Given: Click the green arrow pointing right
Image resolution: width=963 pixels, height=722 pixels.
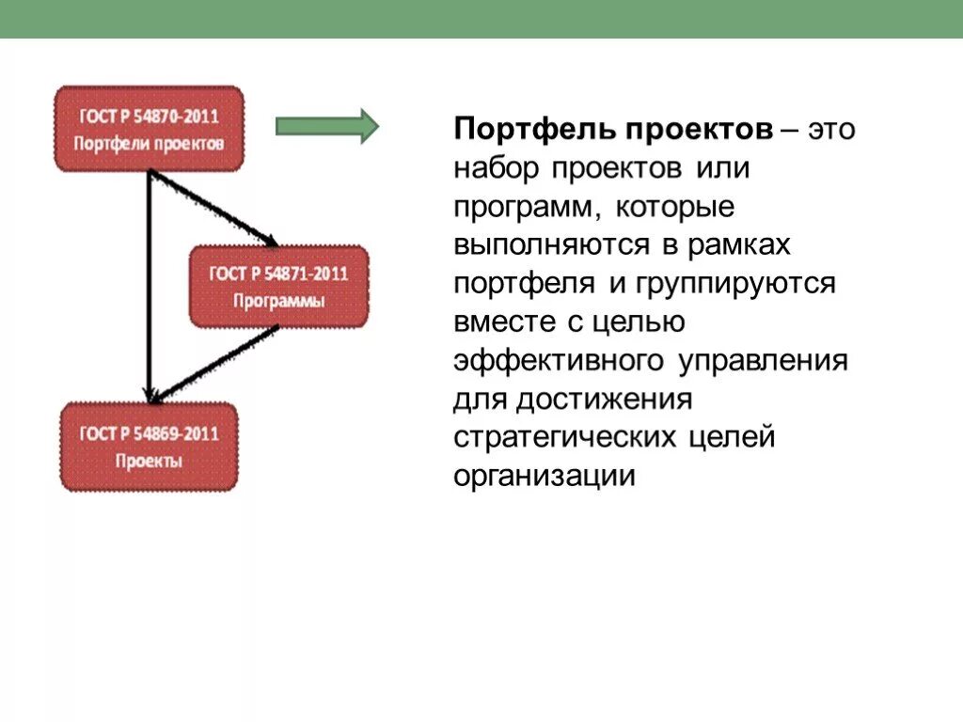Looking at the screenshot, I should (326, 126).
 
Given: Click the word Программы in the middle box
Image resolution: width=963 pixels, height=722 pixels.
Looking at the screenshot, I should (279, 303).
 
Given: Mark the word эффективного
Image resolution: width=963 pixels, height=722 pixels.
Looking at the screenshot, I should (560, 361).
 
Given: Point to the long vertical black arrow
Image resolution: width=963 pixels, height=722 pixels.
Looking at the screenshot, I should (149, 282).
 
